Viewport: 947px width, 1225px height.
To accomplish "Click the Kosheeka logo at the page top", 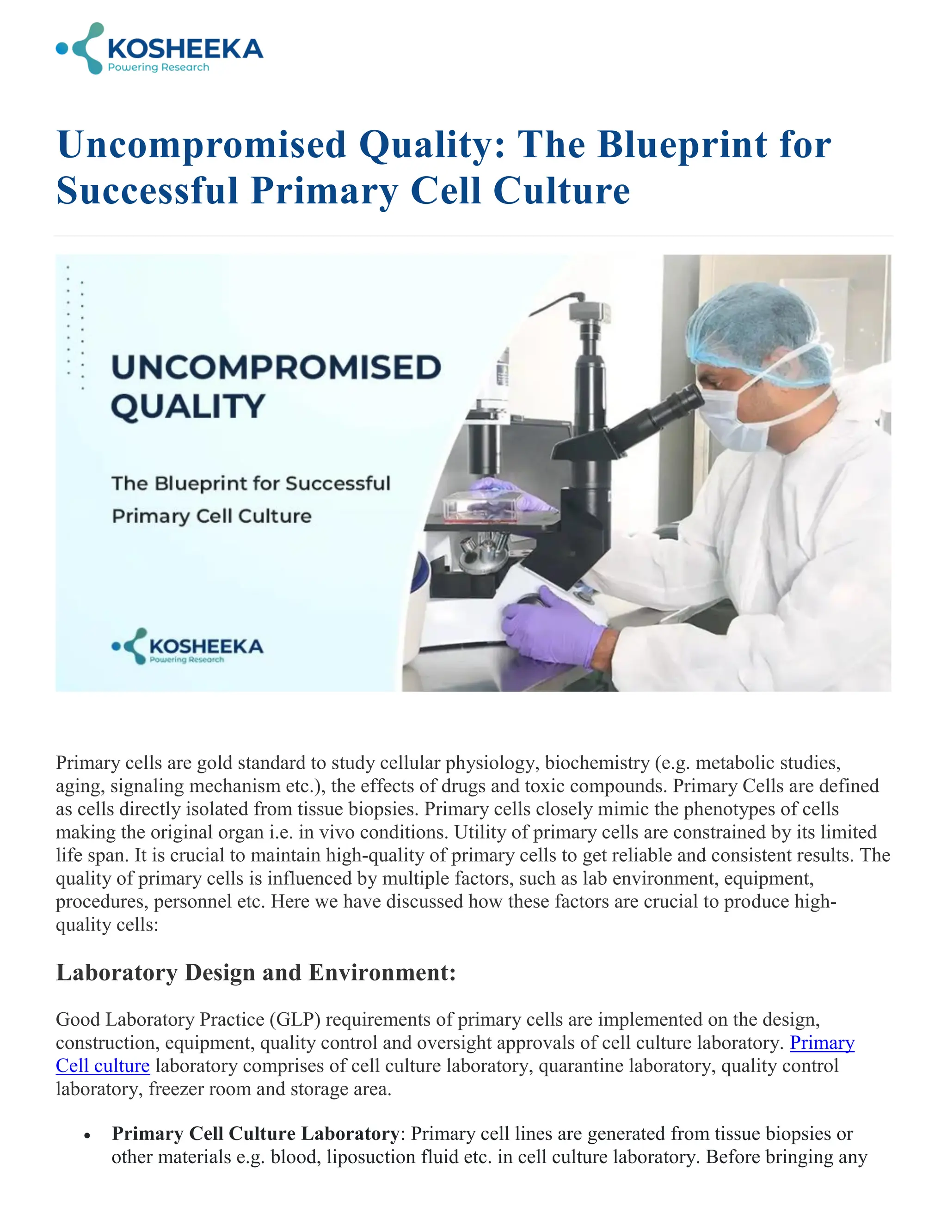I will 160,49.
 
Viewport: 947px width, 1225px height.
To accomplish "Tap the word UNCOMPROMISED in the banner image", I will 276,367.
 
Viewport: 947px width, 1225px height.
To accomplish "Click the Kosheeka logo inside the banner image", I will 187,646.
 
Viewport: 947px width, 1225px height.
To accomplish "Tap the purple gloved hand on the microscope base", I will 553,625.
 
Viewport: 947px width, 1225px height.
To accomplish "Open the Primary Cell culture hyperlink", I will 822,1043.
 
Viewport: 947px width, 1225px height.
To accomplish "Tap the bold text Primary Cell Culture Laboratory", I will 255,1133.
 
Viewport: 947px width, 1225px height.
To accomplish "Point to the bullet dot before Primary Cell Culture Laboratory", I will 86,1135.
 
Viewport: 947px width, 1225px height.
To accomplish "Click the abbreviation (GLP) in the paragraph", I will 295,1019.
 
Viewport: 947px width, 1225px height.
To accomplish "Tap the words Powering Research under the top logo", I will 158,67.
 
